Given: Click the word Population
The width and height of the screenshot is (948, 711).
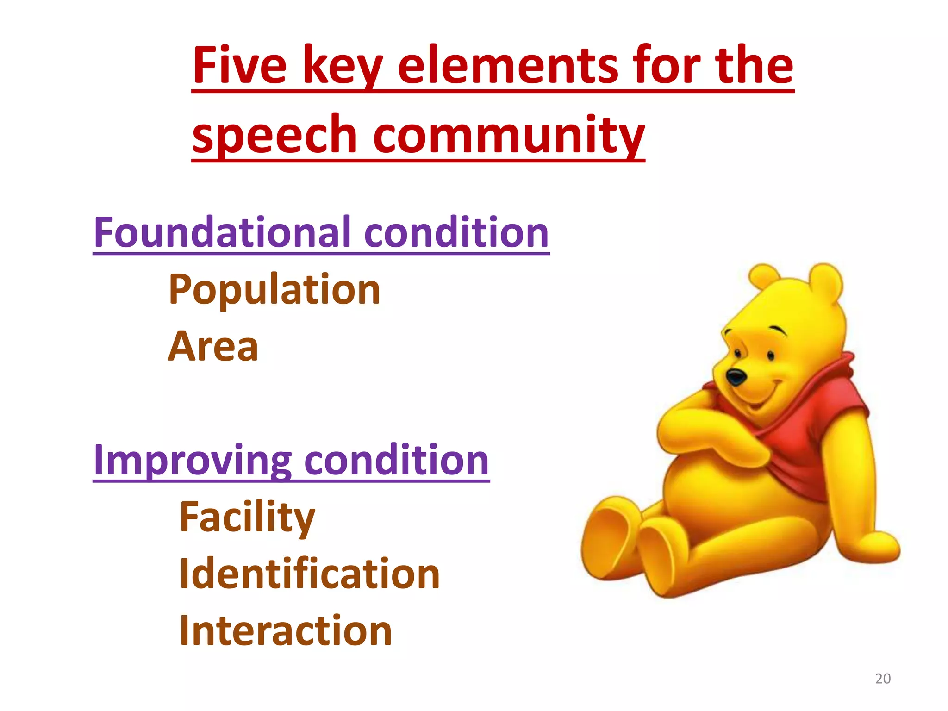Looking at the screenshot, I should click(x=274, y=289).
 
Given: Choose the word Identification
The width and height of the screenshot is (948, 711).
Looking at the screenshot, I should click(x=309, y=574).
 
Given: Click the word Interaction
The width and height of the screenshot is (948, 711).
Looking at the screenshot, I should click(x=286, y=630).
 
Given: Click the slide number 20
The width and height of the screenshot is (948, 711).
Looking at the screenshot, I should click(x=883, y=679).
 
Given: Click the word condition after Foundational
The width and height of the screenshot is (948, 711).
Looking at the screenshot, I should click(x=456, y=232).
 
